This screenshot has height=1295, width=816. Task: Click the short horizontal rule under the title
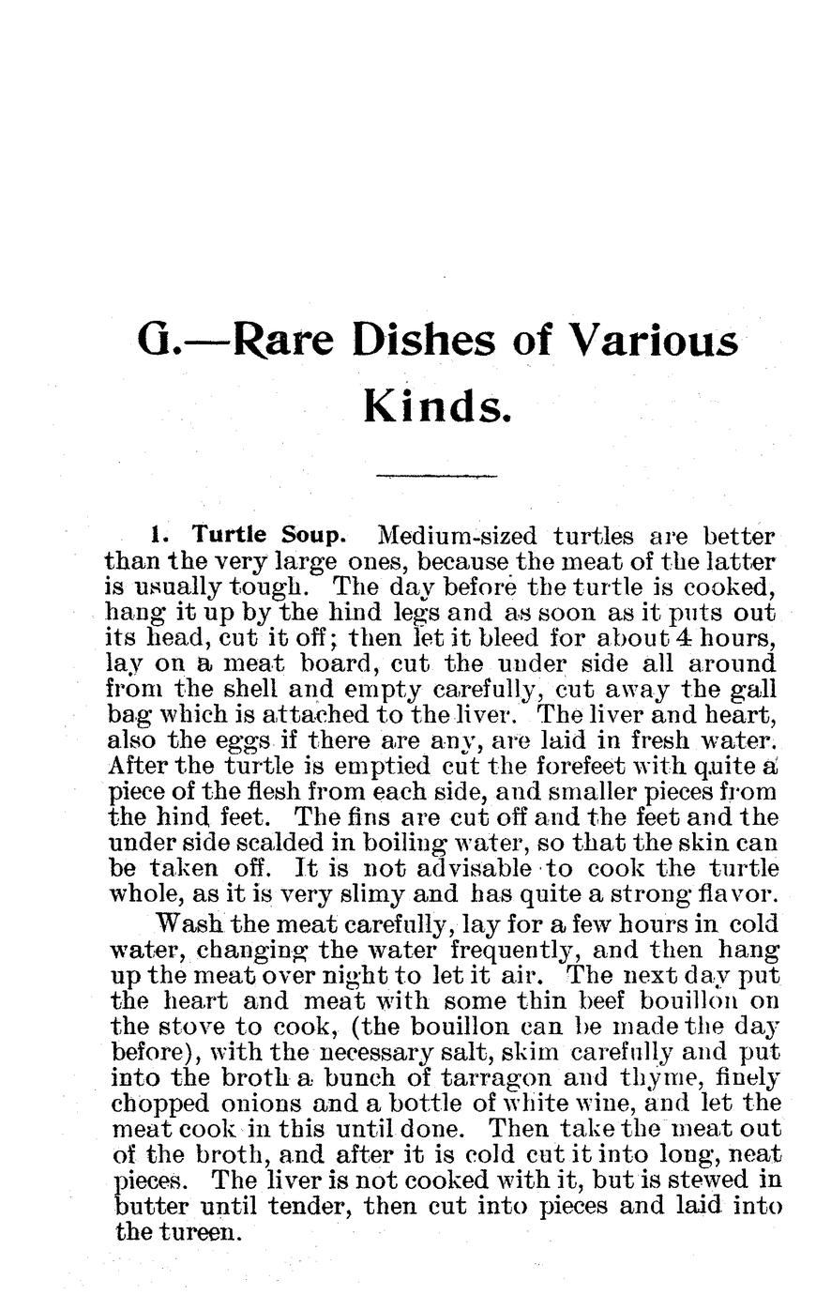pyautogui.click(x=435, y=477)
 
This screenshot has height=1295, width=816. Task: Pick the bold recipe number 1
pyautogui.click(x=159, y=537)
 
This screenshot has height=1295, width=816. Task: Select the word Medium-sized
pyautogui.click(x=456, y=538)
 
